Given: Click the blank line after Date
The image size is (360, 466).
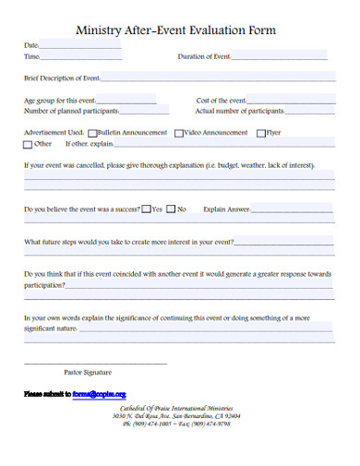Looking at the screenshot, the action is (81, 46).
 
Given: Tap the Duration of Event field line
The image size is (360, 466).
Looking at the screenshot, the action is (280, 58).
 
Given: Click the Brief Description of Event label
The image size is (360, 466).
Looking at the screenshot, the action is (62, 78).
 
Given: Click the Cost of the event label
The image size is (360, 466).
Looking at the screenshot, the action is (221, 101).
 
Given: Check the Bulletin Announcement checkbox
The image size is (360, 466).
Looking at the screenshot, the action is (91, 133).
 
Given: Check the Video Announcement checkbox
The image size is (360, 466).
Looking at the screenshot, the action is (178, 133).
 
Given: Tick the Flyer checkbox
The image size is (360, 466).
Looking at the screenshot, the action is (260, 133).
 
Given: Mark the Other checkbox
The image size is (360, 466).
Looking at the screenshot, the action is (28, 145).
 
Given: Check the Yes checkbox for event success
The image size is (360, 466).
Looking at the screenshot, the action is (147, 209).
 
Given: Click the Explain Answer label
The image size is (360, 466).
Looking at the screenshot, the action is (226, 209).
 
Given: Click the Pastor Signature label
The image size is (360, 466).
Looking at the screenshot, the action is (87, 373).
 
